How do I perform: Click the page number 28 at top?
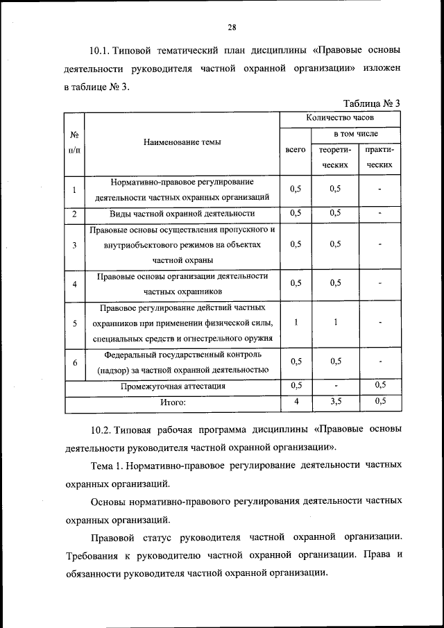point(232,27)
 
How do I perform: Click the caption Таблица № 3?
point(371,104)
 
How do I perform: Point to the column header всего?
point(296,149)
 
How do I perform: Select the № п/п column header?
point(74,143)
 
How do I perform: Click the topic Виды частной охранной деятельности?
point(182,213)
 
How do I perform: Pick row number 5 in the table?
point(74,323)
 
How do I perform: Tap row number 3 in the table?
point(74,245)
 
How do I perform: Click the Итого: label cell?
point(173,402)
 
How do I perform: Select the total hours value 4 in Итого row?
point(296,401)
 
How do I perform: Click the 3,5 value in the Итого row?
point(336,401)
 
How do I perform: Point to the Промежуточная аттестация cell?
point(182,386)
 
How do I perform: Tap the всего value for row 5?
point(296,322)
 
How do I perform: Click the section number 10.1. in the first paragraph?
point(102,52)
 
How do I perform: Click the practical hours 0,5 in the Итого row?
point(380,401)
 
